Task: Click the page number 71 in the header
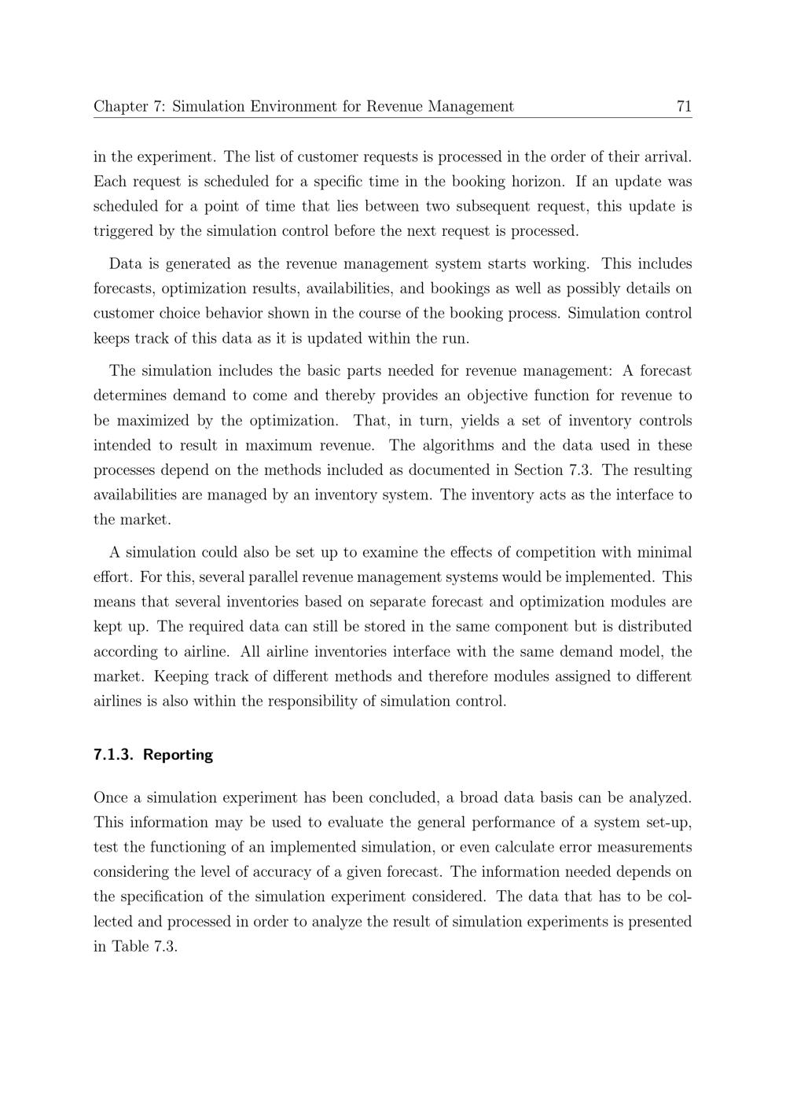[x=683, y=106]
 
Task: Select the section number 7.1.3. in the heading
[x=114, y=755]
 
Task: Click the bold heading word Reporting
[x=178, y=755]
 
